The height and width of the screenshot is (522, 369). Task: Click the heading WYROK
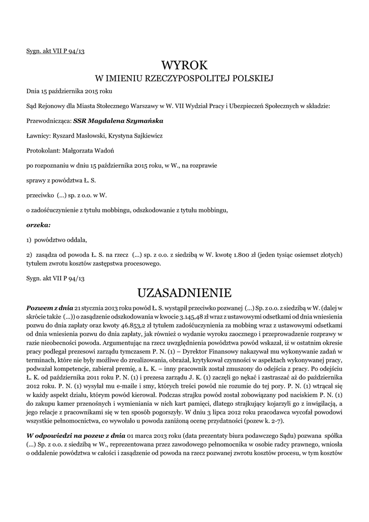(x=184, y=65)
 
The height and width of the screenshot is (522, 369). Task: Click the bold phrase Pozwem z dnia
(x=50, y=307)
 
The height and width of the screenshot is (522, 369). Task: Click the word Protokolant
(x=43, y=151)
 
